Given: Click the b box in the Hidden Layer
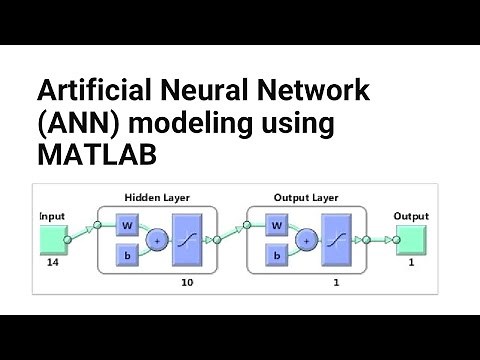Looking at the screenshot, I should [x=127, y=256].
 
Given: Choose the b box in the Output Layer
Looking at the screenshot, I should [x=275, y=256].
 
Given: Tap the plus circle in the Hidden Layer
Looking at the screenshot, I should [x=158, y=240].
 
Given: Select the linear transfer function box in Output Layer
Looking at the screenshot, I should [x=339, y=240].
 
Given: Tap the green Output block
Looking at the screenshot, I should [x=410, y=240].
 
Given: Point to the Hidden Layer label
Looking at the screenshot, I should [x=157, y=198].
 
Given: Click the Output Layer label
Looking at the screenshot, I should [x=306, y=198].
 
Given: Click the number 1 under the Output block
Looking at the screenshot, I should [x=411, y=264].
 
